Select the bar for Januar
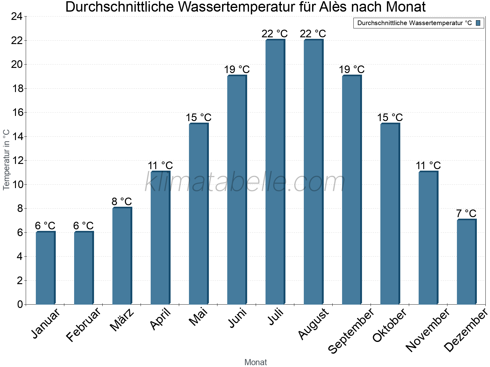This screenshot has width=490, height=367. click(45, 268)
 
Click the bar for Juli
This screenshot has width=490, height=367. click(275, 172)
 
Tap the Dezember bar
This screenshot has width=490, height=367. click(466, 262)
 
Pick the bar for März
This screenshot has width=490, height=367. click(122, 256)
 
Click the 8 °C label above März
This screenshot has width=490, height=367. click(122, 202)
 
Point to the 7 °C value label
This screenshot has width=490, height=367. click(466, 213)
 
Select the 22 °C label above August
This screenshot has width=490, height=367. click(313, 34)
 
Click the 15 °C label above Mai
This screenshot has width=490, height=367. click(198, 117)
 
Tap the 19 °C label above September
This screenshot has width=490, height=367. click(352, 69)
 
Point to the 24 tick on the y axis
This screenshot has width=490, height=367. click(17, 17)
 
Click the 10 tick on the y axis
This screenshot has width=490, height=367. click(17, 184)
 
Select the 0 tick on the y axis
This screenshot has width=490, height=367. click(20, 304)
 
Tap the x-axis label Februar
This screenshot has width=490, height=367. click(83, 325)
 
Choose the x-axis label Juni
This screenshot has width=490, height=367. click(238, 318)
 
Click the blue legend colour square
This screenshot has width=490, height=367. click(478, 23)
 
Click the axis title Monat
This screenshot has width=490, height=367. click(255, 362)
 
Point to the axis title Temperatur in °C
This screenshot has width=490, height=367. click(6, 160)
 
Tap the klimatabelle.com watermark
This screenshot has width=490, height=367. click(245, 183)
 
